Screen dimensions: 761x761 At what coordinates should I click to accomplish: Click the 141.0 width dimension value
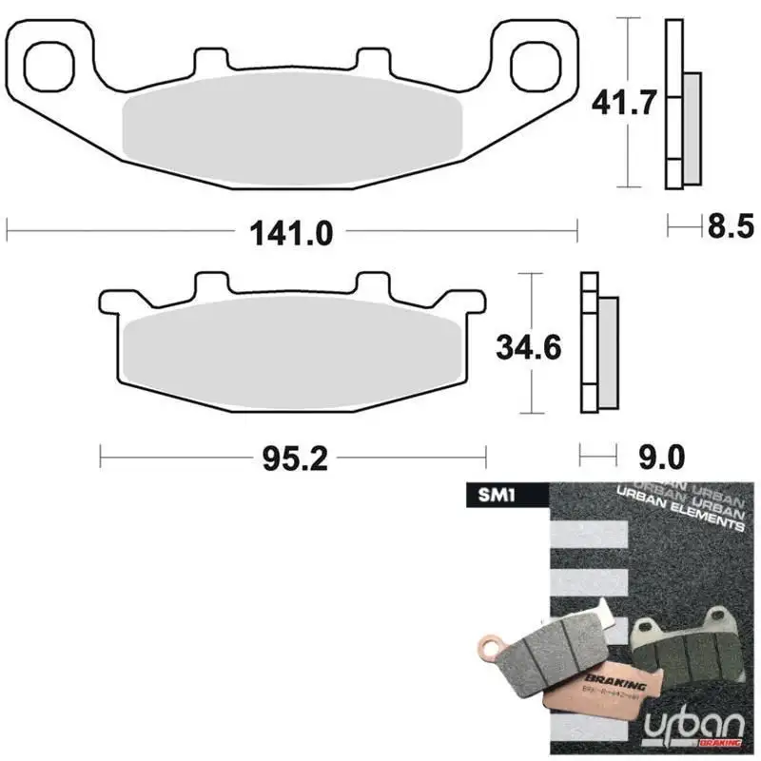pos(292,232)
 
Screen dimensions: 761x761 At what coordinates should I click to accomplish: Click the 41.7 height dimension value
pos(623,102)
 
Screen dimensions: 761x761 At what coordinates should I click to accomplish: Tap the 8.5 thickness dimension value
pos(730,227)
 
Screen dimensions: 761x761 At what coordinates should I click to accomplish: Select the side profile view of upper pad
pos(681,105)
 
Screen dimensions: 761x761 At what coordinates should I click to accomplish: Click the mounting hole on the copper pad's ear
pos(491,649)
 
